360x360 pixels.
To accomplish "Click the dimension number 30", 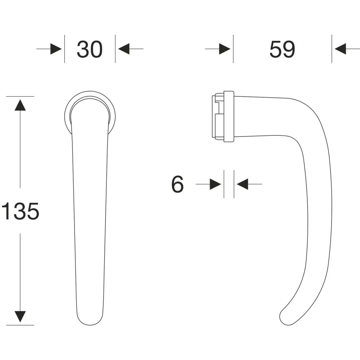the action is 90,49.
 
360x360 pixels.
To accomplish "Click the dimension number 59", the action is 282,49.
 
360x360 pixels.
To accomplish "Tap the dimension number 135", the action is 20,211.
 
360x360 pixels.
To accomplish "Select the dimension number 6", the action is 178,184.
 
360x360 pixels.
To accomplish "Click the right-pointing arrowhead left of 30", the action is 56,49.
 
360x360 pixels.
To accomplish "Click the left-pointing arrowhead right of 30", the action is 124,49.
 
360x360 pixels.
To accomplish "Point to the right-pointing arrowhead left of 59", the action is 225,49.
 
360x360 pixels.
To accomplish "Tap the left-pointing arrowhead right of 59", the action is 340,49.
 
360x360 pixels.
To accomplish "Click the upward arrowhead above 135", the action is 20,105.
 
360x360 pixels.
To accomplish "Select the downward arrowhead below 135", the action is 20,317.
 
